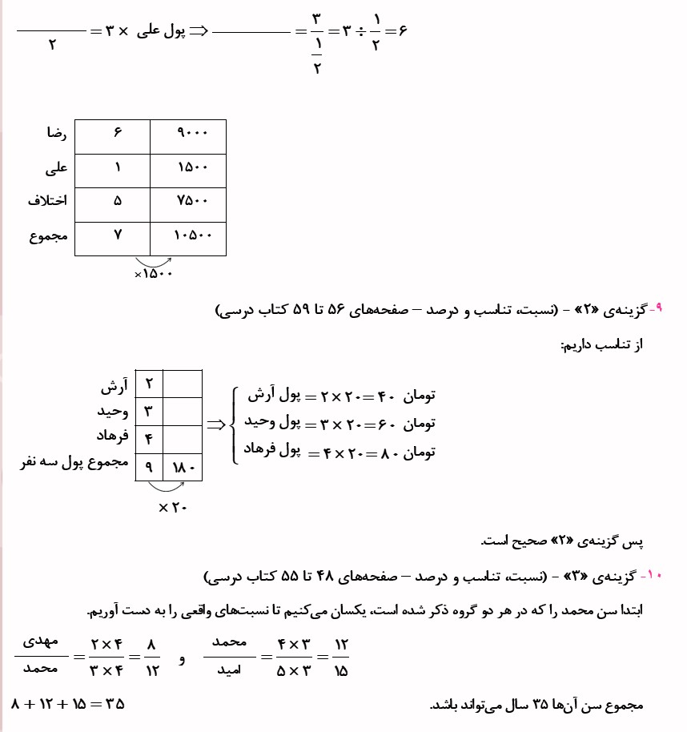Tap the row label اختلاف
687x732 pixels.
pyautogui.click(x=46, y=203)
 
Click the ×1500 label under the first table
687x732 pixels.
pyautogui.click(x=154, y=274)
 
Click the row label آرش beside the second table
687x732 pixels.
pyautogui.click(x=114, y=386)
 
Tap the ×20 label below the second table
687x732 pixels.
pyautogui.click(x=172, y=506)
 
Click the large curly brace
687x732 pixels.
pyautogui.click(x=236, y=425)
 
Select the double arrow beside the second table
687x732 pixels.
pyautogui.click(x=216, y=425)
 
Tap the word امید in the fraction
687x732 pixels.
pyautogui.click(x=230, y=671)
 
